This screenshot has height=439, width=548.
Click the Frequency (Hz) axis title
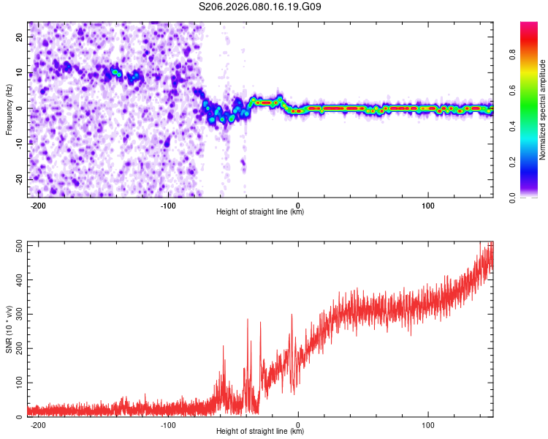9,110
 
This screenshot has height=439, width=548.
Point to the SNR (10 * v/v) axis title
9,329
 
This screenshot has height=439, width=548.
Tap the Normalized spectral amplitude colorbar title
543,110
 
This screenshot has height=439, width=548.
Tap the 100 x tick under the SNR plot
428,424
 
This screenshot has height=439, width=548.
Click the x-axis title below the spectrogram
260,212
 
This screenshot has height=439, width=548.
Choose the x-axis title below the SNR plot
260,432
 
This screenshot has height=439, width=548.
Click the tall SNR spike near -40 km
247,320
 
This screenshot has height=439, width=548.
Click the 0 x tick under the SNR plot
298,424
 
